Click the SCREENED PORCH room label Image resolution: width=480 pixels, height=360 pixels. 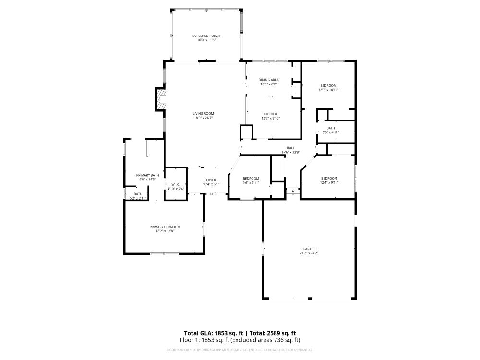(206, 36)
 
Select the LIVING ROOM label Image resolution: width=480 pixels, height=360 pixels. (203, 113)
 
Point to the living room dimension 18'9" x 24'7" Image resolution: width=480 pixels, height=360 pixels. (203, 118)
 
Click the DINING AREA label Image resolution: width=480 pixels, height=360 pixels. (269, 80)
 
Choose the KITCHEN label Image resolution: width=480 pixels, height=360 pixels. (270, 114)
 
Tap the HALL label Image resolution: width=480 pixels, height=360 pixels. (290, 148)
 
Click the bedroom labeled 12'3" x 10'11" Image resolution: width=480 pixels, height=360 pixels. (328, 87)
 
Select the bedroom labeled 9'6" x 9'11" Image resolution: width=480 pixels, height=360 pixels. (251, 180)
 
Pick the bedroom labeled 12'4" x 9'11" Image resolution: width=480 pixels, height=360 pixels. (329, 180)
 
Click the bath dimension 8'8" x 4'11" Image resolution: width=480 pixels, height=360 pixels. (331, 132)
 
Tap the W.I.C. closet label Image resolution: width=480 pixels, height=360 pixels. (176, 185)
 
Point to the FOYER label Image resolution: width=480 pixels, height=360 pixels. (211, 180)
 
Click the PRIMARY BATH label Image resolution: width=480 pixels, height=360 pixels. (147, 175)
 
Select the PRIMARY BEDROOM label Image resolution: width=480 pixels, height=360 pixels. (165, 227)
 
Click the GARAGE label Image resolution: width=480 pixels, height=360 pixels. (309, 249)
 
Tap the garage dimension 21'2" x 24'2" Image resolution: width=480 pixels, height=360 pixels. (309, 253)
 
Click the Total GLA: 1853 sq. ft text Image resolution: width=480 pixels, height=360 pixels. (214, 333)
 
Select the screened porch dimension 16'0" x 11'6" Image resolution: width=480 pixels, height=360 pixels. (206, 40)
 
